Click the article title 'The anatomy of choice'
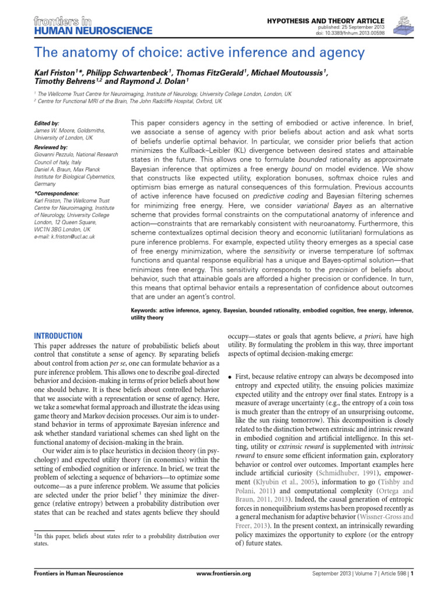pos(199,53)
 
